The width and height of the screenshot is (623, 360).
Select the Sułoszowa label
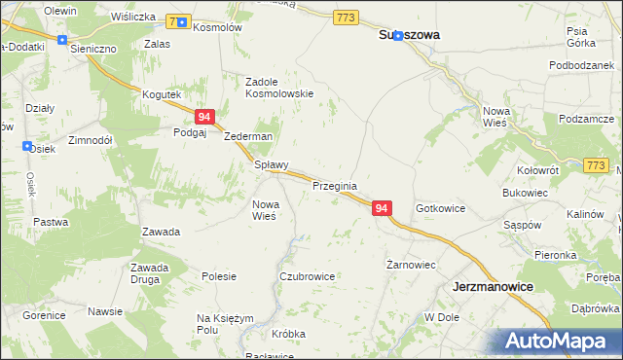point(408,35)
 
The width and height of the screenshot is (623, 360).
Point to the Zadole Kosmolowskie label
point(278,88)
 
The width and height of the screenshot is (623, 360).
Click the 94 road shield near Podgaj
point(204,117)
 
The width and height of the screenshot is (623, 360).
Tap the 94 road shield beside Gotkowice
point(382,209)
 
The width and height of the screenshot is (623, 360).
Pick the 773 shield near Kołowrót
point(597,166)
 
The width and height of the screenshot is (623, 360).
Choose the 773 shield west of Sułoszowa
point(345,18)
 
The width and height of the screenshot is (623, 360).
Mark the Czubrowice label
point(307,276)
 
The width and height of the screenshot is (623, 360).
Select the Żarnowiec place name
point(410,265)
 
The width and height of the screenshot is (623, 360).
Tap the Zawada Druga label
point(150,273)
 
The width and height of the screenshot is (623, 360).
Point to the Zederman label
point(248,137)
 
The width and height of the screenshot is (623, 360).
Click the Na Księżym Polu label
point(225,324)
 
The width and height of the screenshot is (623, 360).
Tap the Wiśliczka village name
point(133,17)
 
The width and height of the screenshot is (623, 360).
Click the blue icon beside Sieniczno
point(62,40)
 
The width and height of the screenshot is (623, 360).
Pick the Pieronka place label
point(555,255)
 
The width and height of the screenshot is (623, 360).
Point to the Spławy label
point(271,165)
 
